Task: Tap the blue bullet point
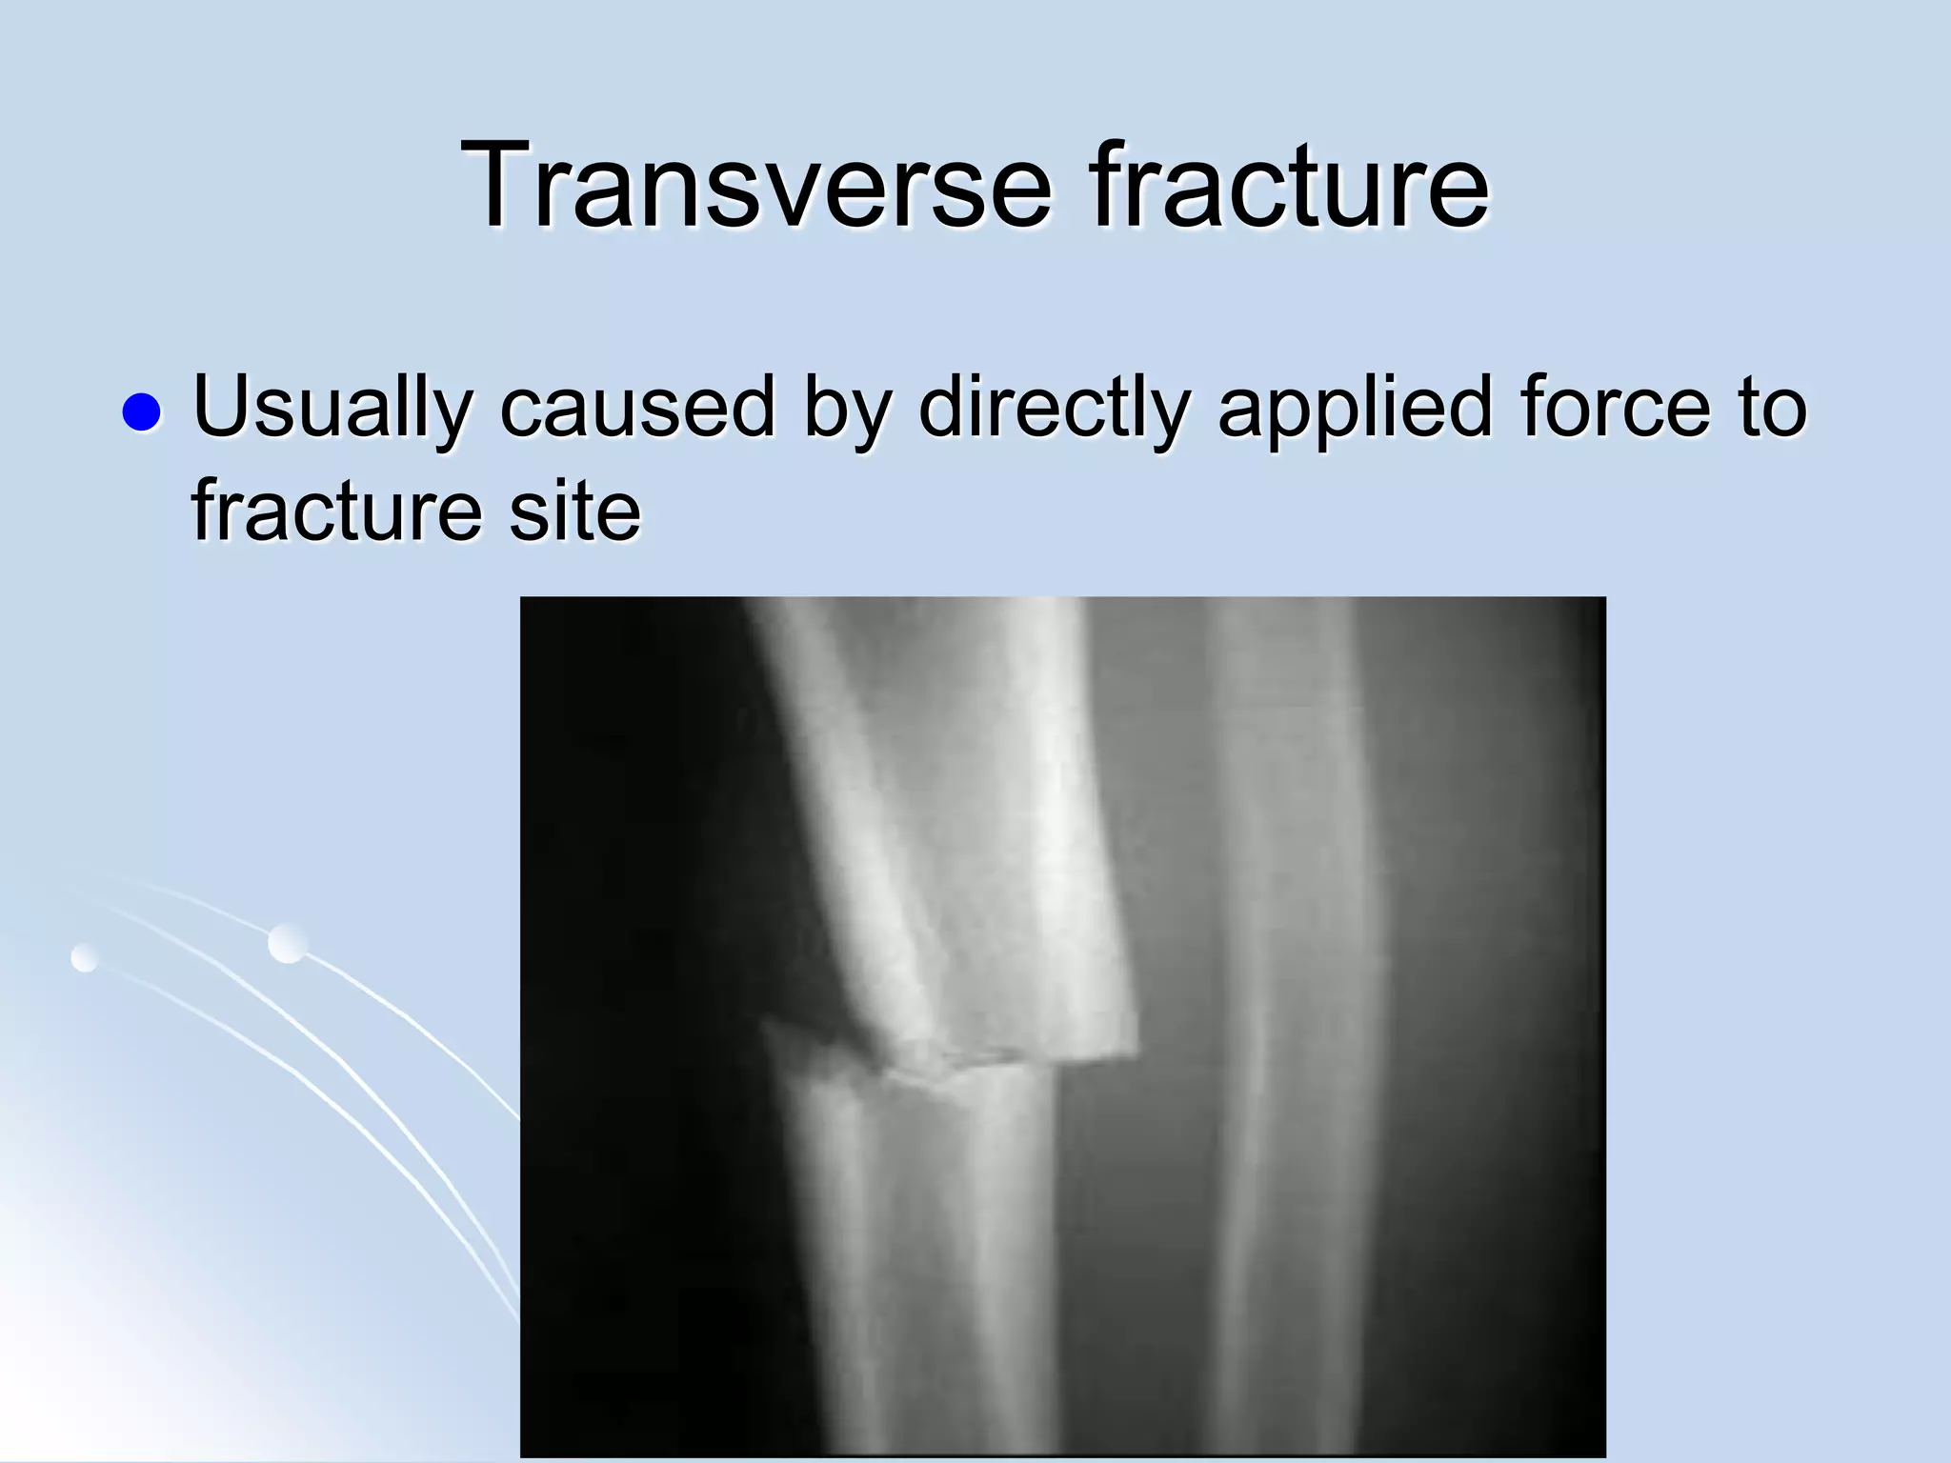[141, 412]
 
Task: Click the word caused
[637, 408]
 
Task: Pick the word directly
[1054, 408]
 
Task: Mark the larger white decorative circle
[288, 943]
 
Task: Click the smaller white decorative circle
[85, 957]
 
